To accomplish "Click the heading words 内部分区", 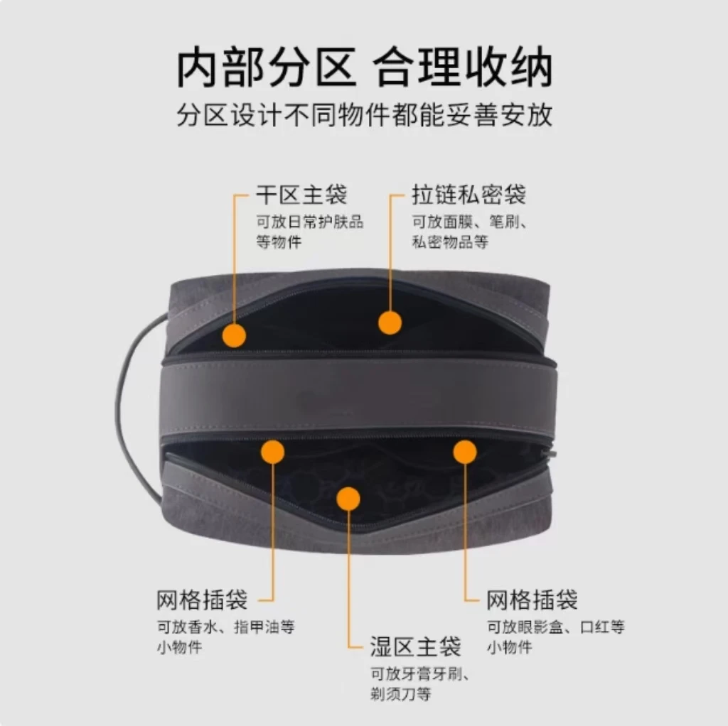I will (266, 69).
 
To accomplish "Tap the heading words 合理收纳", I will (463, 69).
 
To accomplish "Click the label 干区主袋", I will (301, 194).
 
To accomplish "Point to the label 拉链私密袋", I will (469, 194).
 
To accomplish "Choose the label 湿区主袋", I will (415, 646).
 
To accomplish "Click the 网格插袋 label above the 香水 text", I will (202, 600).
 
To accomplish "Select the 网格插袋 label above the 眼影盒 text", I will (532, 600).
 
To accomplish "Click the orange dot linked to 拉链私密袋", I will (390, 323).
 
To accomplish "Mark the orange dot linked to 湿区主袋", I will (348, 499).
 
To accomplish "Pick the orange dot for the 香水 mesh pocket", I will (272, 452).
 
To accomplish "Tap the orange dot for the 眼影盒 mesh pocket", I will (464, 452).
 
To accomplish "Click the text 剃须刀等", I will (400, 693).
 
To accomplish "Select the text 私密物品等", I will (450, 242).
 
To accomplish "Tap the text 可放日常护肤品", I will (309, 222).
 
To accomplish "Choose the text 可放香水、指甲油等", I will (225, 627).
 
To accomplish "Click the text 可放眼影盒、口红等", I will (555, 627).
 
